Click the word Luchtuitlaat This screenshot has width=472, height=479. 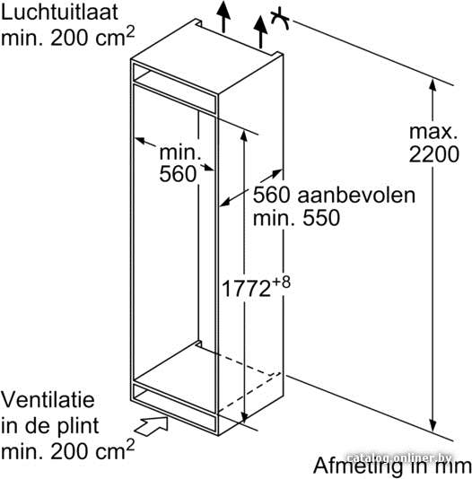tap(59, 13)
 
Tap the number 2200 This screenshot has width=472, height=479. tap(433, 154)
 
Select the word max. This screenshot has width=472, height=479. tap(433, 132)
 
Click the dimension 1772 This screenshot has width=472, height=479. tap(246, 288)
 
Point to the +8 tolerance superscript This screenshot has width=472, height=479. tap(281, 283)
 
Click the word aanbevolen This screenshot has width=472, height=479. tap(356, 196)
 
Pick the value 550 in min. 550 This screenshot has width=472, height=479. tap(321, 218)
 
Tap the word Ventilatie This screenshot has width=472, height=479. tap(48, 399)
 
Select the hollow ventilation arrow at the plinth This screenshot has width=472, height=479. tap(152, 425)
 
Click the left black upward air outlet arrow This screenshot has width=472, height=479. tap(223, 16)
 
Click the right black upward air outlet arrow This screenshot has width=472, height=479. tap(260, 31)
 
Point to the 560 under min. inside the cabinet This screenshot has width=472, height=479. tap(178, 174)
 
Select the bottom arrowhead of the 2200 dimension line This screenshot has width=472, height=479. tap(433, 424)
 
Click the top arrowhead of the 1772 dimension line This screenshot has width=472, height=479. tap(243, 135)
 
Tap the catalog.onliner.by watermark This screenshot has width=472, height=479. tap(399, 458)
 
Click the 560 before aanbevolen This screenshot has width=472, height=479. tap(271, 196)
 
